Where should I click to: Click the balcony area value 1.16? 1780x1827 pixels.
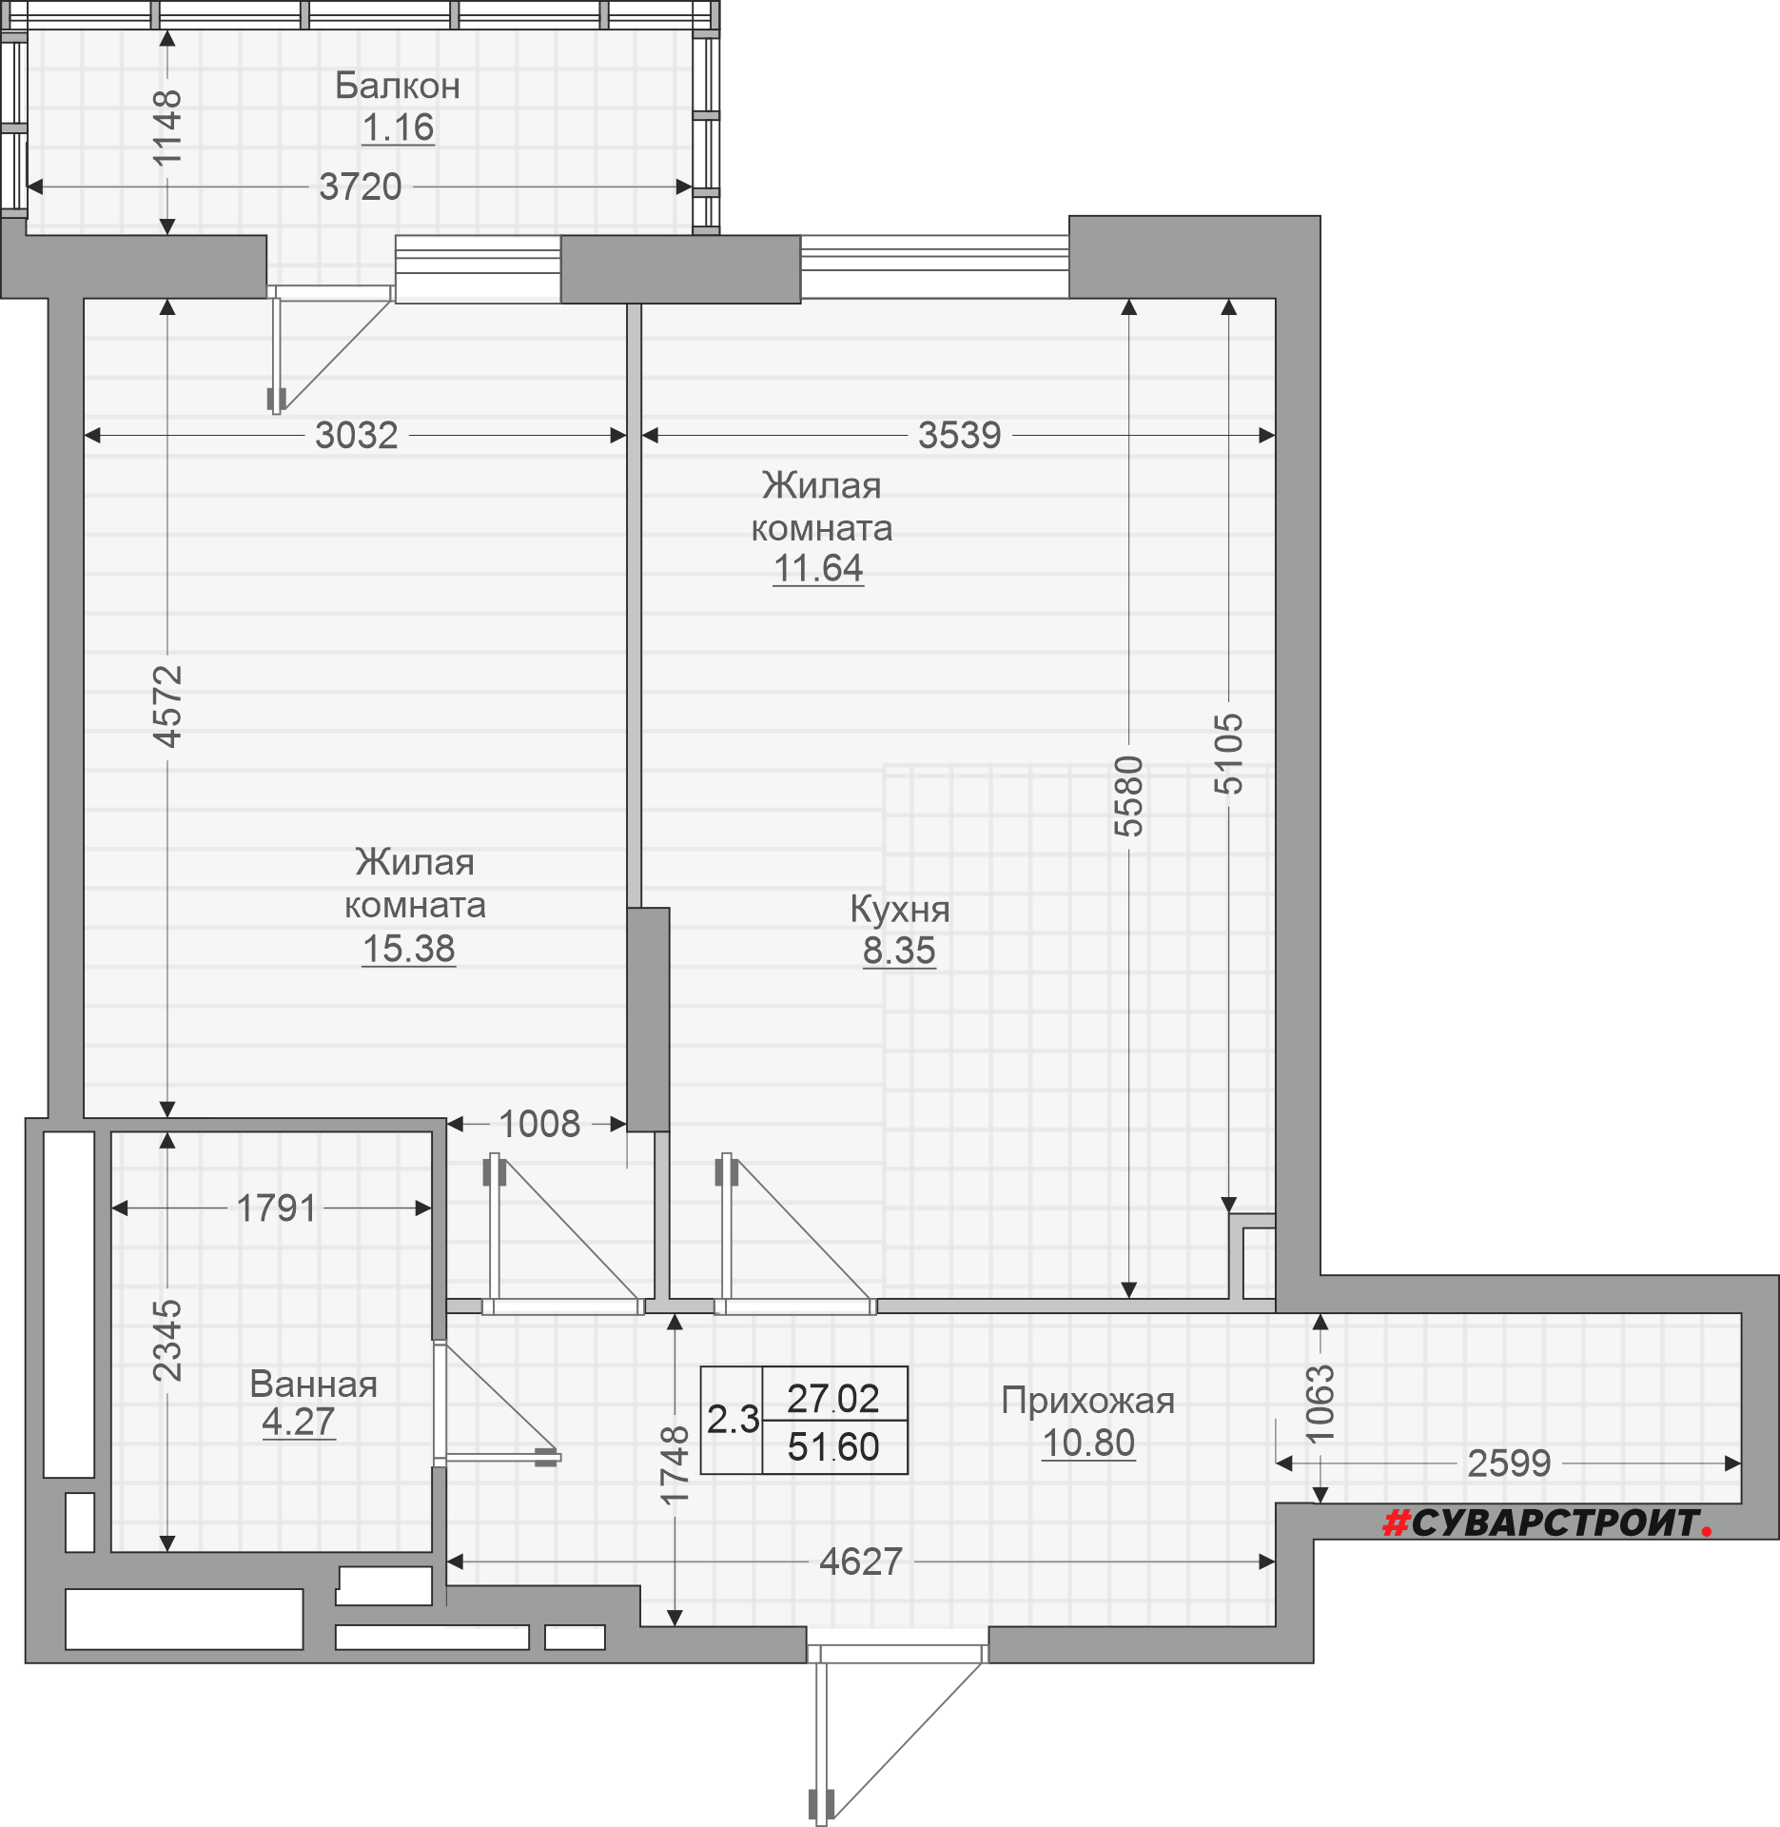[x=398, y=128]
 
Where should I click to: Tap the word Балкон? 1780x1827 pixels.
[x=398, y=86]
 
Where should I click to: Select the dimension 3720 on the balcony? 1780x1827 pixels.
[x=361, y=187]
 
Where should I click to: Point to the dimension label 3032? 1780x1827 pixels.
[x=357, y=435]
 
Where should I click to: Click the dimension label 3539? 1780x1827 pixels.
[x=959, y=435]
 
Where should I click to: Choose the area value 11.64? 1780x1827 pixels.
[x=818, y=568]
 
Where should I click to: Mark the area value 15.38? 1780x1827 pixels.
[x=409, y=949]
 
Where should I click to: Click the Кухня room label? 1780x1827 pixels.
[x=900, y=910]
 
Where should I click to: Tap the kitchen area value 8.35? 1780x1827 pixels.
[x=899, y=951]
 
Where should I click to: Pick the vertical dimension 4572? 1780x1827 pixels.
[x=167, y=706]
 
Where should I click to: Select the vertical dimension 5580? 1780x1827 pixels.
[x=1128, y=796]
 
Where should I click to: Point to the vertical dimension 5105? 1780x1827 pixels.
[x=1228, y=754]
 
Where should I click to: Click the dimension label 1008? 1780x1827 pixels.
[x=539, y=1124]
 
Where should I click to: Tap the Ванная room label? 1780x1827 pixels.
[x=314, y=1385]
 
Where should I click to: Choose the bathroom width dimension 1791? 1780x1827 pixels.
[x=276, y=1208]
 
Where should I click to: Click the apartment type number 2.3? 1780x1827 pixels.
[x=733, y=1420]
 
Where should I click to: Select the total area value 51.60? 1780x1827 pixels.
[x=833, y=1447]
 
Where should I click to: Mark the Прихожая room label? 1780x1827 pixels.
[x=1088, y=1402]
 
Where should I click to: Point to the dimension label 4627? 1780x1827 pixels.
[x=861, y=1562]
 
